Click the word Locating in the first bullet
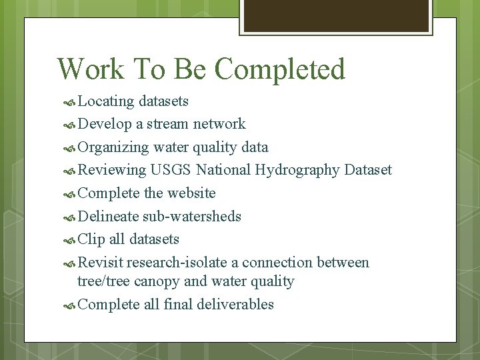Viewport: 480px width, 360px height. tap(106, 101)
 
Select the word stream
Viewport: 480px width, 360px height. tap(167, 124)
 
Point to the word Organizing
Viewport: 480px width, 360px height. tap(113, 147)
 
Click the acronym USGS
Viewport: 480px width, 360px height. tap(171, 170)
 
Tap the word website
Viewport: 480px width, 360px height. tap(191, 193)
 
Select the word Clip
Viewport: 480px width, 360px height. tap(91, 239)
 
